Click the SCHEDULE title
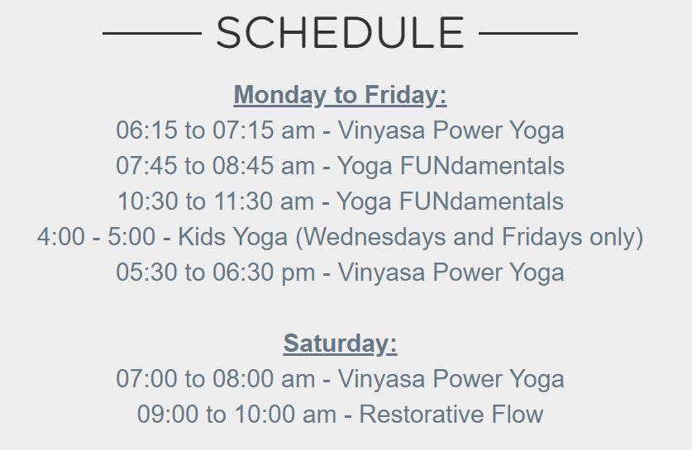pyautogui.click(x=340, y=33)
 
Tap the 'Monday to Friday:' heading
pyautogui.click(x=340, y=95)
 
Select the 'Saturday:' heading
pyautogui.click(x=340, y=343)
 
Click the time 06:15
pyautogui.click(x=146, y=130)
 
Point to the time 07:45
pyautogui.click(x=146, y=166)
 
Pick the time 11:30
pyautogui.click(x=243, y=201)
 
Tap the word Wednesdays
pyautogui.click(x=375, y=237)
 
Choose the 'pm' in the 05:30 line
pyautogui.click(x=298, y=273)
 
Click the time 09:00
pyautogui.click(x=168, y=414)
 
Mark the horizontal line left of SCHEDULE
pyautogui.click(x=152, y=33)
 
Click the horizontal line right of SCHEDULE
pyautogui.click(x=527, y=33)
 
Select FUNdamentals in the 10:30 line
pyautogui.click(x=481, y=201)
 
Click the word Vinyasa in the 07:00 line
pyautogui.click(x=381, y=379)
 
